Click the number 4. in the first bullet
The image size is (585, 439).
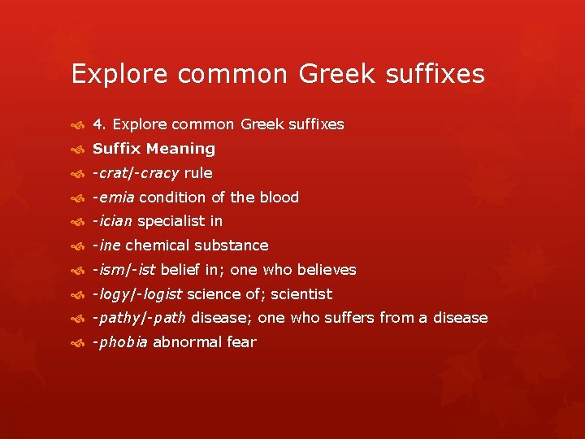[100, 124]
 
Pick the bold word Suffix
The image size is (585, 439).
[117, 149]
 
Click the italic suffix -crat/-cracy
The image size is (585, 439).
[136, 173]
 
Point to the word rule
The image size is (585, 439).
[198, 173]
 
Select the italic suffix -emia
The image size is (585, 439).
[114, 198]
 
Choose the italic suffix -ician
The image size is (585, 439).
[113, 221]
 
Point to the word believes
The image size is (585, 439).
[327, 270]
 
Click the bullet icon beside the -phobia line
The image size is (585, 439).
[78, 343]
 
